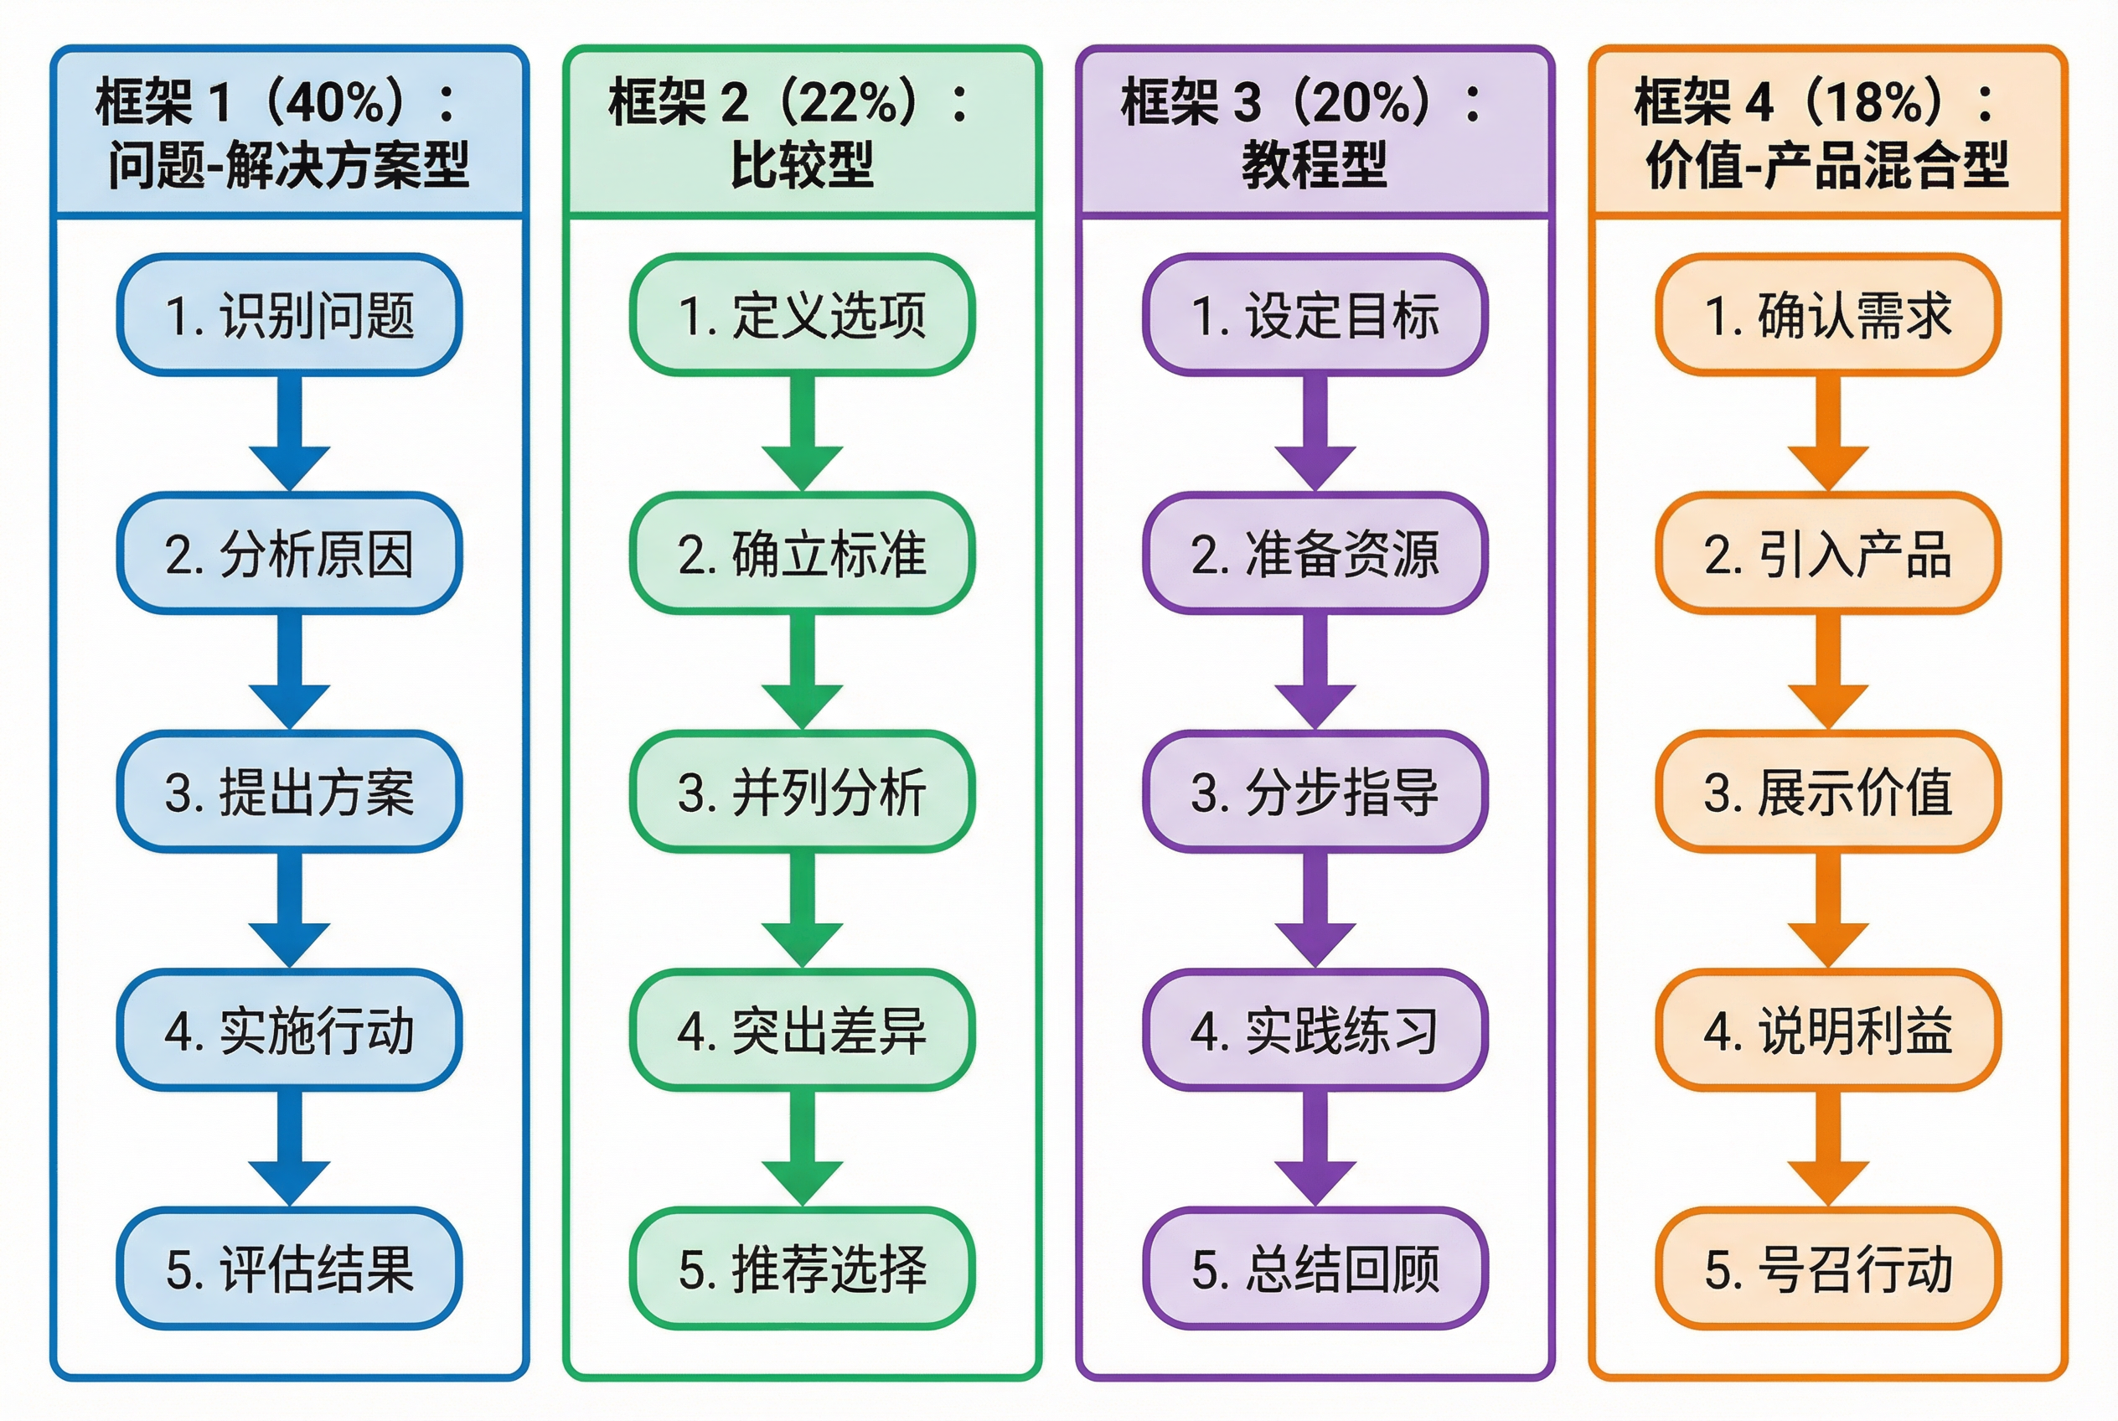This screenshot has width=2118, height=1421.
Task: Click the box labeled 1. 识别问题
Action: point(289,314)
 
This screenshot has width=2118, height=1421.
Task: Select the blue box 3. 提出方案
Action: point(289,791)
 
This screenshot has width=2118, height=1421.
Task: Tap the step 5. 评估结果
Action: point(289,1268)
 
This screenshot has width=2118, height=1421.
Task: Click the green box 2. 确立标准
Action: point(802,553)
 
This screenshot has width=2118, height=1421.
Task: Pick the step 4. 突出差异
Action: point(802,1030)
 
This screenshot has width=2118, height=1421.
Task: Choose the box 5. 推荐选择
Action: point(802,1268)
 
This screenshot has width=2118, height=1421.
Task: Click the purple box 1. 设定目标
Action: point(1315,314)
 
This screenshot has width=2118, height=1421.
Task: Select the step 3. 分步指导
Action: point(1315,791)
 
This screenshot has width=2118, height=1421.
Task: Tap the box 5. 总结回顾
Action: point(1315,1268)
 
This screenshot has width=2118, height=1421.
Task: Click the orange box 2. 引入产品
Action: point(1828,553)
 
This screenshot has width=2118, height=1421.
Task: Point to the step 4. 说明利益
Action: point(1828,1030)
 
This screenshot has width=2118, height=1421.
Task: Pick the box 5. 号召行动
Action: point(1828,1268)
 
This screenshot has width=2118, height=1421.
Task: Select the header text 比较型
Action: point(802,165)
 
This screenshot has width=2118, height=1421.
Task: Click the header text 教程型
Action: point(1315,165)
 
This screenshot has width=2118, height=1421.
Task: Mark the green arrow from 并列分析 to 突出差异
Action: point(802,910)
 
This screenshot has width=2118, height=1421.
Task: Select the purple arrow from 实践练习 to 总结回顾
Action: point(1315,1148)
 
